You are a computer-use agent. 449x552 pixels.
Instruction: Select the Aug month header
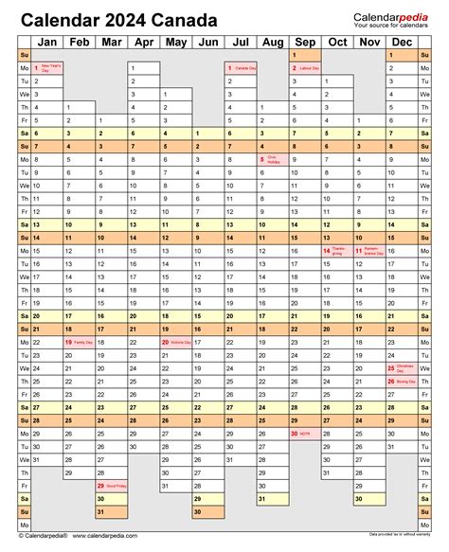(273, 42)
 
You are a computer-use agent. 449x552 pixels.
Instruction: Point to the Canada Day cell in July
(241, 69)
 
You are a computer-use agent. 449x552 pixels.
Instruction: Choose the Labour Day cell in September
(305, 69)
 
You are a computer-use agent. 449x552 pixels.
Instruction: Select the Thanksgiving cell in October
(337, 251)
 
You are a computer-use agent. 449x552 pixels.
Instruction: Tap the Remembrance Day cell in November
(369, 251)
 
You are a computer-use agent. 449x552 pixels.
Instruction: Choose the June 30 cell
(208, 511)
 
